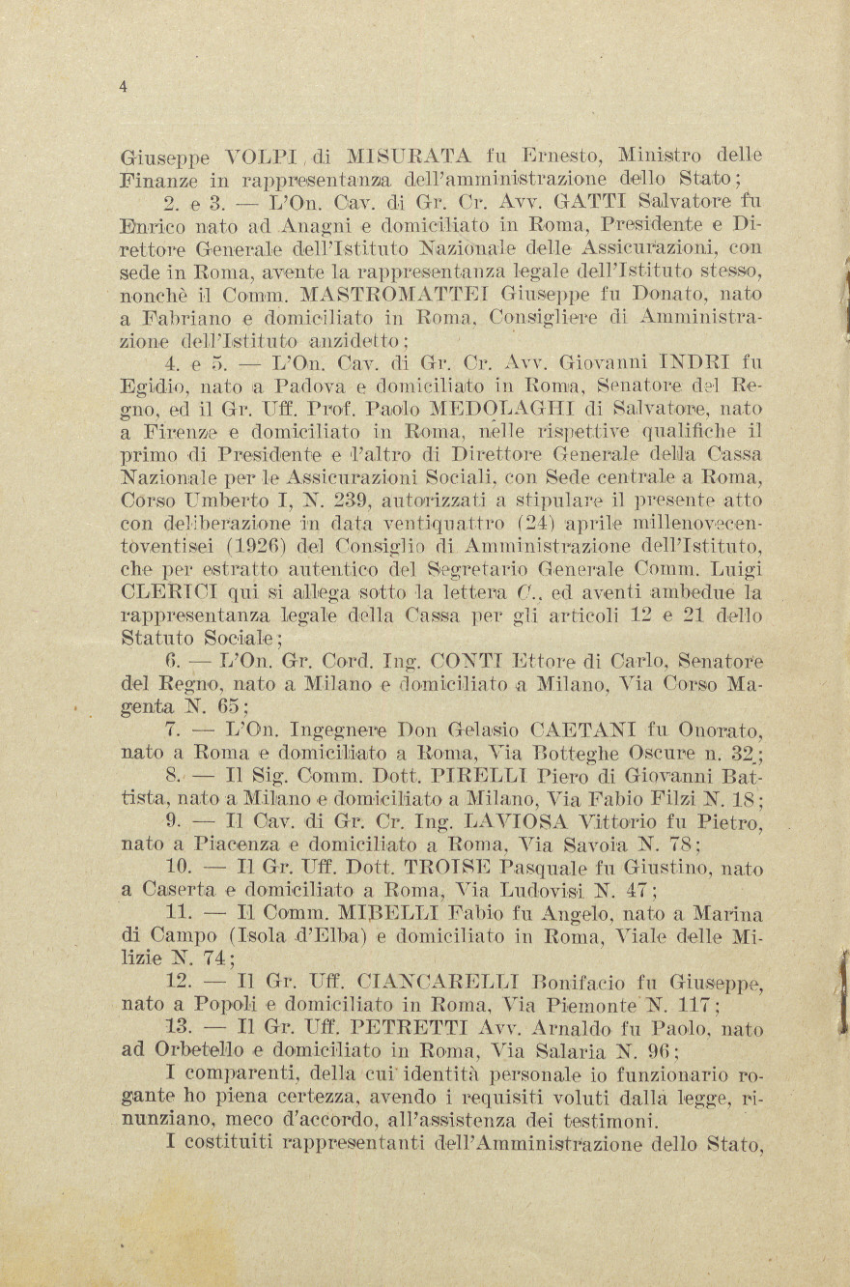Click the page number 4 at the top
point(123,87)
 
